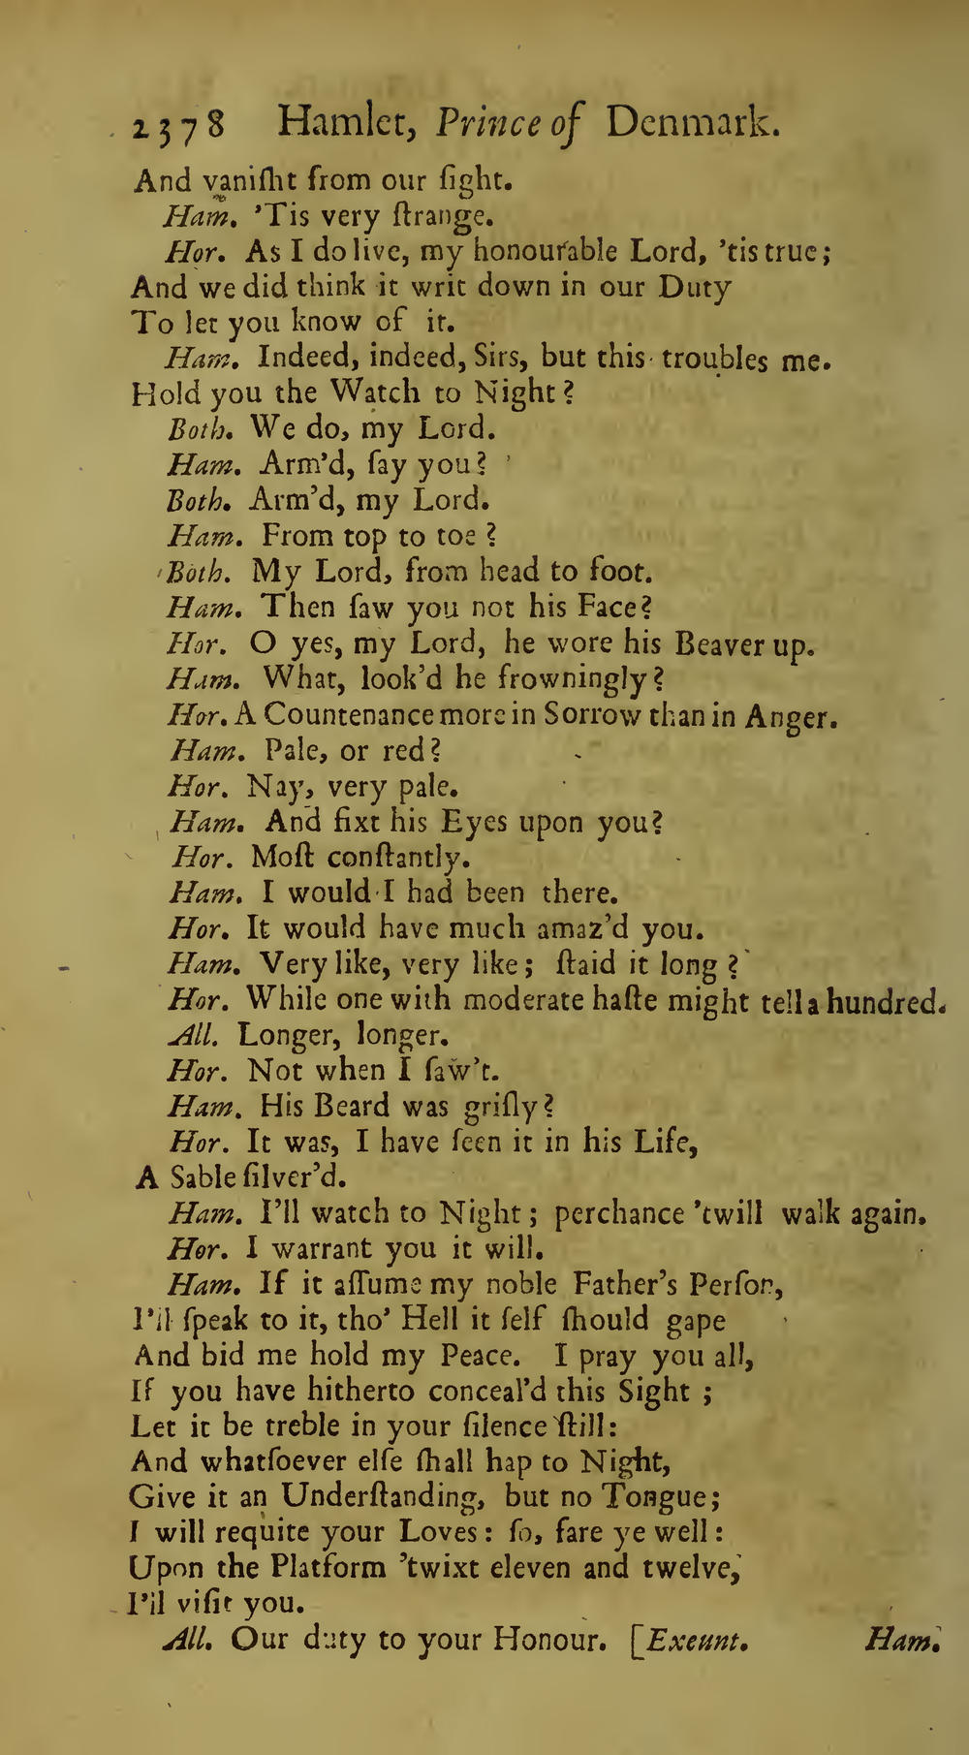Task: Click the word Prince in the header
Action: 487,124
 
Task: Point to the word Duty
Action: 695,287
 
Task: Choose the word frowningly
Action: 555,679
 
